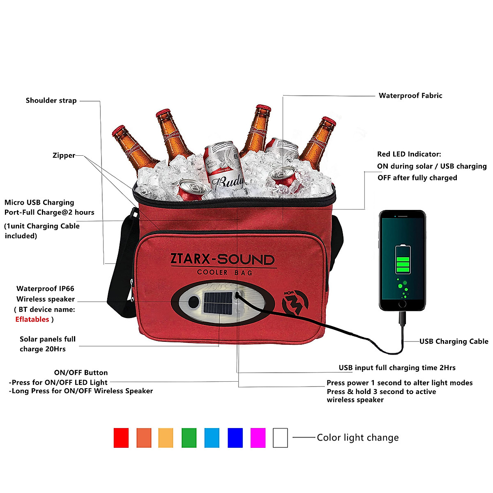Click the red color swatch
[x=121, y=438]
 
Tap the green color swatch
[x=189, y=438]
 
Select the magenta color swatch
[x=258, y=438]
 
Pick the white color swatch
[x=280, y=438]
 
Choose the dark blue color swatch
[x=235, y=438]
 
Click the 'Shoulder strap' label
[x=51, y=101]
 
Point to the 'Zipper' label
[x=64, y=155]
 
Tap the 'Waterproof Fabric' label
[x=410, y=96]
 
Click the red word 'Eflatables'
[x=32, y=319]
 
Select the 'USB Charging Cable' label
[x=454, y=341]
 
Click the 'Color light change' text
[x=357, y=438]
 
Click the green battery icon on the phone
[x=403, y=260]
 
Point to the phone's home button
[x=402, y=304]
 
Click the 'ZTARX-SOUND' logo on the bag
[x=222, y=259]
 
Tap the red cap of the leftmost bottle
[x=118, y=131]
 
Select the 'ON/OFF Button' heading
[x=81, y=373]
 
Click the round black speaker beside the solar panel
[x=193, y=302]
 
